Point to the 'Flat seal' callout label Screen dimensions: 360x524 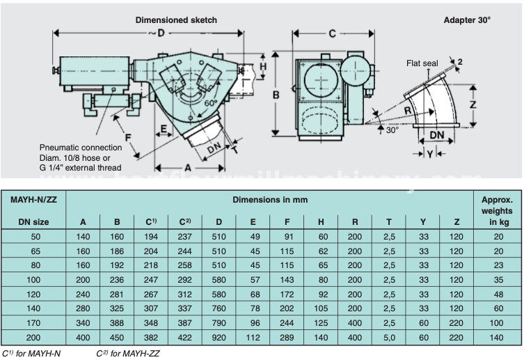point(422,63)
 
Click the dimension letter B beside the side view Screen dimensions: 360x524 point(276,93)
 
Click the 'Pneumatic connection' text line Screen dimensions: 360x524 point(80,148)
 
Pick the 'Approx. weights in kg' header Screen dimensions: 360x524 point(498,210)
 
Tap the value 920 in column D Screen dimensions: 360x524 point(219,338)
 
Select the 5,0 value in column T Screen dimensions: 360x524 point(390,338)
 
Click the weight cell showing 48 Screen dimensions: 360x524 point(498,294)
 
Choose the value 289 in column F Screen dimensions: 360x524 point(287,338)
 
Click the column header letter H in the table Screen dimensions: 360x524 point(321,222)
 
